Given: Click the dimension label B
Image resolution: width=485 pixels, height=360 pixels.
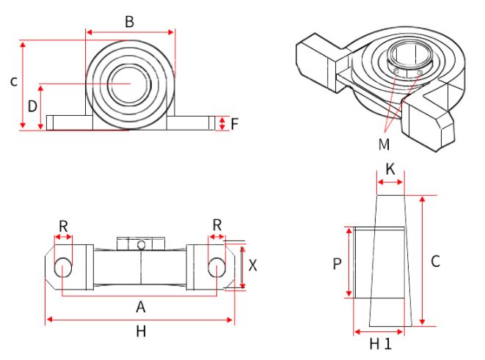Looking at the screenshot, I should (129, 21).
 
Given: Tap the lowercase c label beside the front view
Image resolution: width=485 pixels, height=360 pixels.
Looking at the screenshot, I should (13, 82).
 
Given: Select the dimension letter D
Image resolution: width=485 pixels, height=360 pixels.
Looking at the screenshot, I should (32, 106).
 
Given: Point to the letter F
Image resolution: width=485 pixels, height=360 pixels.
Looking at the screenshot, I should (234, 123).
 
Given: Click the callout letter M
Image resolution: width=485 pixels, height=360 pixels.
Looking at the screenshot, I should (384, 144).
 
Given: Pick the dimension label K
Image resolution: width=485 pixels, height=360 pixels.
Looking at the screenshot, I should (390, 169).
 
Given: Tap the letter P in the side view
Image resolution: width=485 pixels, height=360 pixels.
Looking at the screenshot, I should (338, 263).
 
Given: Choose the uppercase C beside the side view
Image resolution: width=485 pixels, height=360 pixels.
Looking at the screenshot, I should (435, 260).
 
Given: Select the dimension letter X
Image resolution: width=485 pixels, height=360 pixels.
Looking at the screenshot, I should (253, 266).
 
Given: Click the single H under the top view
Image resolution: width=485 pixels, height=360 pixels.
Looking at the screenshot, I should (141, 331).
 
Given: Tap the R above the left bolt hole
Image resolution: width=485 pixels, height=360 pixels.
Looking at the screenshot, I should (64, 226).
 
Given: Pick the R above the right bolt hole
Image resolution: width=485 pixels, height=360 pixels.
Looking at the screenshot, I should (216, 226).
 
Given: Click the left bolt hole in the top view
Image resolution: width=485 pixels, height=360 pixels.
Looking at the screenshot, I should (64, 266).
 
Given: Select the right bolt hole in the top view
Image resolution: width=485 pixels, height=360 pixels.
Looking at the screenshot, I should (216, 266).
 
